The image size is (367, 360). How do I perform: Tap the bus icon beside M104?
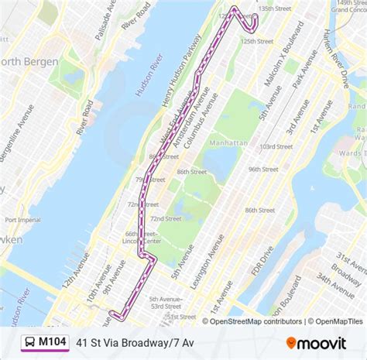29,341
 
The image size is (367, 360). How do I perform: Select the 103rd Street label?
277,146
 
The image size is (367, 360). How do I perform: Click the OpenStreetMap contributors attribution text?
252,321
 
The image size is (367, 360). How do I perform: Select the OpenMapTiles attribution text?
335,321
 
